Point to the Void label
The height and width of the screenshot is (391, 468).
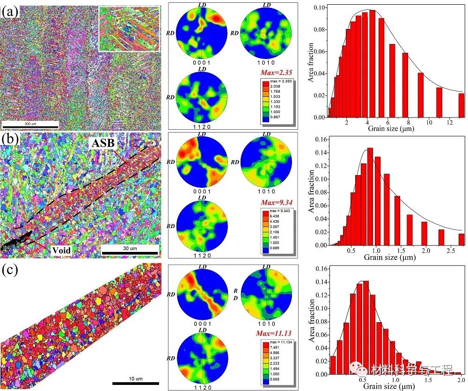tap(61, 251)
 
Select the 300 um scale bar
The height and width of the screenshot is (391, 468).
tap(29, 125)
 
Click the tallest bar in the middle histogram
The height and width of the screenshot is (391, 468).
tap(370, 197)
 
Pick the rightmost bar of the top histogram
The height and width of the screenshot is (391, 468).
tap(461, 105)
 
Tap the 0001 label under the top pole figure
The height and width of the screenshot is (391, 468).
tap(201, 64)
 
